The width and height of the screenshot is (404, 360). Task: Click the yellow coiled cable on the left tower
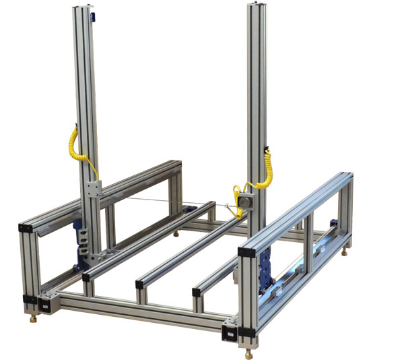coord(73,145)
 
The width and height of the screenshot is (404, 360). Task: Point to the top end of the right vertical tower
coord(257,7)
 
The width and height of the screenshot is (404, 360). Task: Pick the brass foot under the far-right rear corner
coord(346,253)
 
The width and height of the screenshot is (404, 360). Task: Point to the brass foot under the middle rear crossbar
coord(177,235)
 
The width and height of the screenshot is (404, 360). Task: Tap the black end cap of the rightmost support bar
coord(197,292)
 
